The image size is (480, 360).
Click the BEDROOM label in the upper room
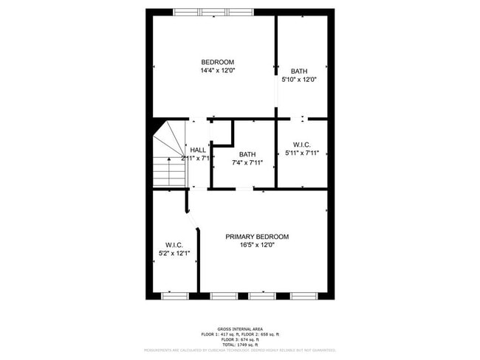(217, 61)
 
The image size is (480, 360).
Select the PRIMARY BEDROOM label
(257, 237)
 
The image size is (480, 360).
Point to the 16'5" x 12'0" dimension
(257, 246)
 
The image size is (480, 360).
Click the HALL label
(198, 150)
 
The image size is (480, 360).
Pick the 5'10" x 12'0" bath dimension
(299, 80)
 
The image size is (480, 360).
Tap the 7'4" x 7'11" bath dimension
(247, 162)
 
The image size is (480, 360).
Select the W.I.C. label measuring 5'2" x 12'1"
(174, 245)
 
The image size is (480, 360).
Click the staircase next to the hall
(169, 159)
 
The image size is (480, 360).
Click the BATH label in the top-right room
(299, 71)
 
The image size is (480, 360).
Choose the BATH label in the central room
(247, 153)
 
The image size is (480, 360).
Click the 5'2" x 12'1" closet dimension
(174, 254)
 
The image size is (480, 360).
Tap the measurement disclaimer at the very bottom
(239, 350)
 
